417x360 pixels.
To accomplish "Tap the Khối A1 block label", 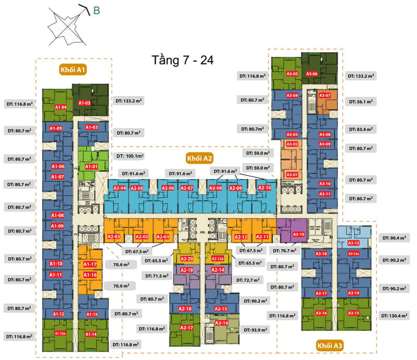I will pos(72,70).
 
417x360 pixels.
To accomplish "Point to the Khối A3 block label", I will pos(329,345).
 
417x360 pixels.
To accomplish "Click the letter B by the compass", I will pos(97,10).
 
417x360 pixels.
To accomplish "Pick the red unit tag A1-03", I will pos(84,103).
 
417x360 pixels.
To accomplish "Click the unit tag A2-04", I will pos(120,188).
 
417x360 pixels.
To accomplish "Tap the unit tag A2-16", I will pos(222,323).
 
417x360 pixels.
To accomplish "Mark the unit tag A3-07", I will pos(325,96).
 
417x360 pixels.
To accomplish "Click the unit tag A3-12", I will pos(353,243).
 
